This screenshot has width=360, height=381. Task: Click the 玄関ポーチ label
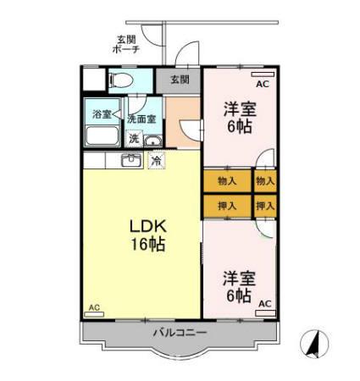pyautogui.click(x=128, y=44)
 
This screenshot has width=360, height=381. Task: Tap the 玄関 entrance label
pyautogui.click(x=179, y=80)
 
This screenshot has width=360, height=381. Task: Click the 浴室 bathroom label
pyautogui.click(x=102, y=114)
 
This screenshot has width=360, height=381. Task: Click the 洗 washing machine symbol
pyautogui.click(x=135, y=139)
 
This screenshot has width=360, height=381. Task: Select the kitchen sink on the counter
pyautogui.click(x=131, y=160)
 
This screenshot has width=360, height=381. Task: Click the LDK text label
pyautogui.click(x=146, y=227)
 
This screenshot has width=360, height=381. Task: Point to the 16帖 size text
pyautogui.click(x=146, y=246)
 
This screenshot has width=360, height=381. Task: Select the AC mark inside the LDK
pyautogui.click(x=94, y=307)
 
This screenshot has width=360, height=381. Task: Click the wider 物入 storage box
pyautogui.click(x=227, y=180)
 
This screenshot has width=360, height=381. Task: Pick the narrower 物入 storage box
pyautogui.click(x=265, y=180)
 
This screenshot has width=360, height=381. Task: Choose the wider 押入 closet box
pyautogui.click(x=227, y=205)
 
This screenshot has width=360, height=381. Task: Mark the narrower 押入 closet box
pyautogui.click(x=265, y=205)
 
